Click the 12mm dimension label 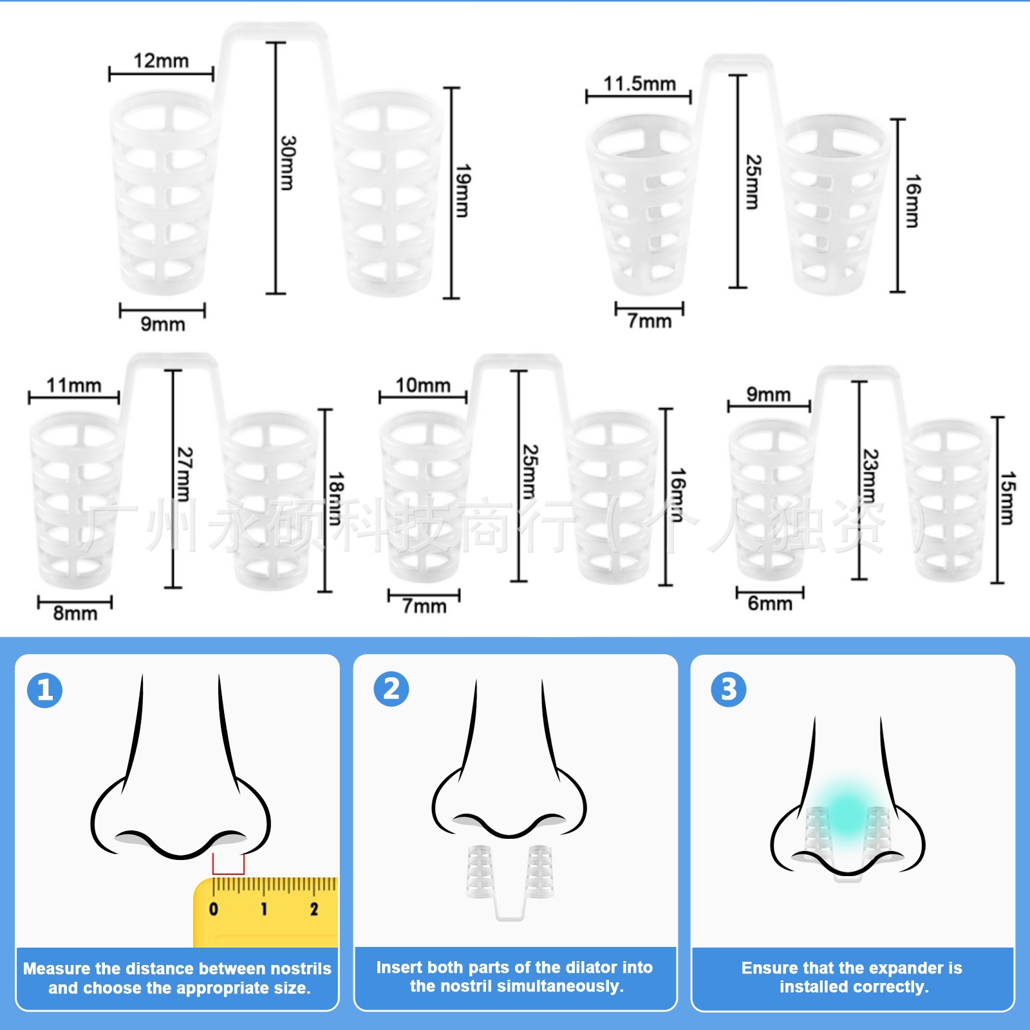[161, 61]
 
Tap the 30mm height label [288, 163]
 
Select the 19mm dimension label [462, 191]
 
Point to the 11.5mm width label [639, 84]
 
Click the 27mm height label [184, 474]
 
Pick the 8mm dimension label [75, 613]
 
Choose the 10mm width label [423, 386]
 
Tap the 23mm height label [870, 476]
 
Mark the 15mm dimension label [1007, 498]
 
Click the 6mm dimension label [770, 604]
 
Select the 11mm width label [74, 386]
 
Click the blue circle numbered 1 [45, 690]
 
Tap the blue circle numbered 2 [391, 689]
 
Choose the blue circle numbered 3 [729, 689]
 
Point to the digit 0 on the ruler [214, 909]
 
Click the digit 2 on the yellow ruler [314, 909]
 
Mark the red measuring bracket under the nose [229, 866]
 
